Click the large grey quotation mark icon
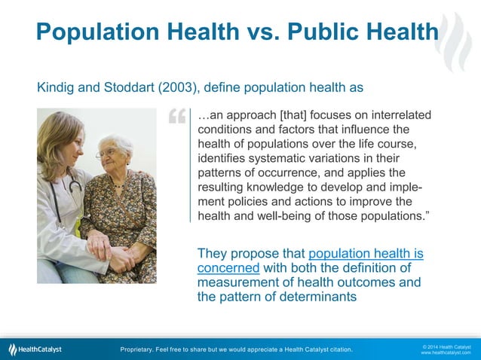(177, 118)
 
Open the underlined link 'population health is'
(366, 254)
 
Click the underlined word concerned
(228, 268)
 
